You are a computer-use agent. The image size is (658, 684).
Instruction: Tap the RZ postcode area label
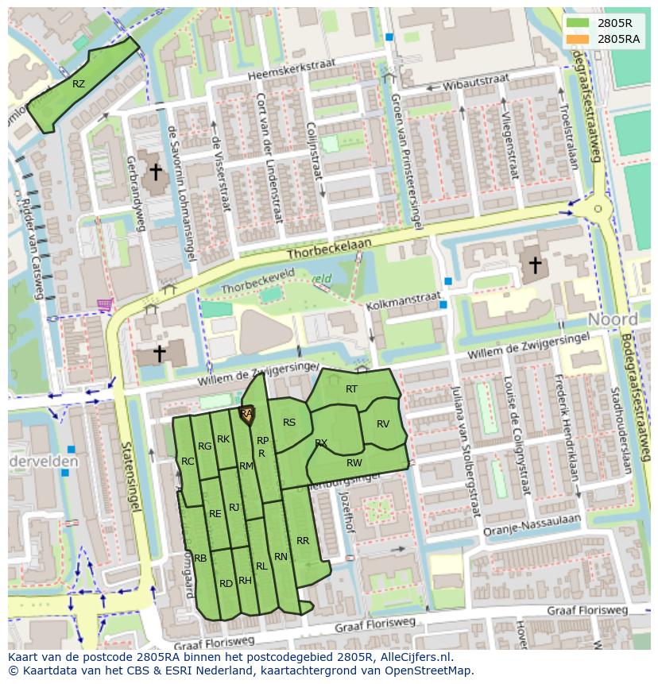(78, 83)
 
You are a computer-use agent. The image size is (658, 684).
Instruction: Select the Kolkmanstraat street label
(403, 299)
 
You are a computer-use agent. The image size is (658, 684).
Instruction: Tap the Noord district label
(613, 319)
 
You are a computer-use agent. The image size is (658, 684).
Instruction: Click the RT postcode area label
(351, 389)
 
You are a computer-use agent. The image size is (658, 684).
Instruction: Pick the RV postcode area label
(383, 423)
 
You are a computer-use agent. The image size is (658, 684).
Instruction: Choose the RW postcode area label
(354, 462)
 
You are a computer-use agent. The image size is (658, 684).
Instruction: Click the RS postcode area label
(289, 423)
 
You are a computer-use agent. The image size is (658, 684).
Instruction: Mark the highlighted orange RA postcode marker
(247, 415)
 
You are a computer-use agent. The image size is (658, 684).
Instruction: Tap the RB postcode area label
(200, 558)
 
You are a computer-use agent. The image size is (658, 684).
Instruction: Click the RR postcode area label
(303, 540)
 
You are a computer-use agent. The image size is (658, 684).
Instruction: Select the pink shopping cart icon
(104, 304)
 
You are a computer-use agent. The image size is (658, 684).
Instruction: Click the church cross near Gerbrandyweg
(156, 171)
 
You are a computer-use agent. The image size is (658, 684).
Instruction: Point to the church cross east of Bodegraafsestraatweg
(536, 265)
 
